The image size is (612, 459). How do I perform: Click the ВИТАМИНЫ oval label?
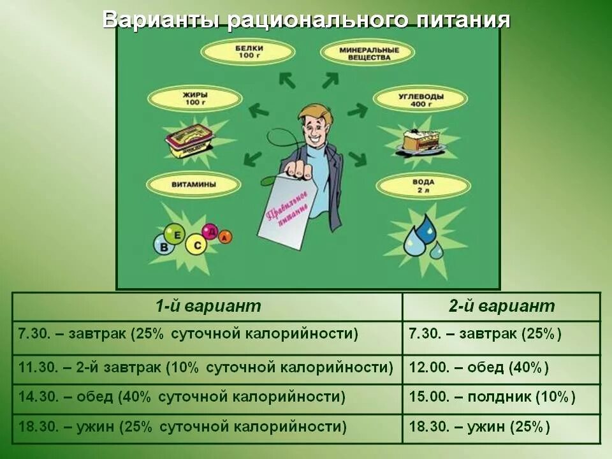(194, 185)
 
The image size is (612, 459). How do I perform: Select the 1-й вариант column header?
(208, 306)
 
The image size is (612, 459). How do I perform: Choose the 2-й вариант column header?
(501, 306)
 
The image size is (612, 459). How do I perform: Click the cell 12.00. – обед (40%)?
(501, 368)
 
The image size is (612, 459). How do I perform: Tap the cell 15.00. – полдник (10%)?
(501, 397)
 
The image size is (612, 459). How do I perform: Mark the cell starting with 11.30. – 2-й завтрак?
(208, 368)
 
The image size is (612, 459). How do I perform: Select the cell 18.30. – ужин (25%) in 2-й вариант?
(501, 427)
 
